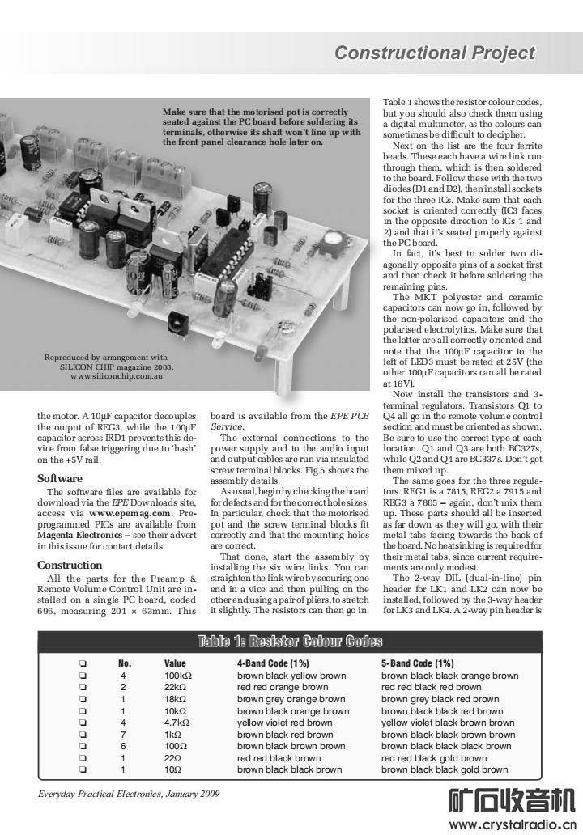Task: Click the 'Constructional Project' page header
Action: (x=435, y=53)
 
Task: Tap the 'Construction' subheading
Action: (x=70, y=565)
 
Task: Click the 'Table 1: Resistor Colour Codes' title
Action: (x=290, y=642)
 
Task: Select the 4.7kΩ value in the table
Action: (x=177, y=723)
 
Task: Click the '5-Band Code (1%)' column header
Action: (x=419, y=663)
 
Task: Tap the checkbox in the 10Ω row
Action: (x=83, y=769)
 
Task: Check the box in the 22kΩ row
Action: (x=83, y=687)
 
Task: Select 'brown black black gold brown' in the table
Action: (x=445, y=769)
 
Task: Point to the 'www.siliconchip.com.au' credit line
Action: (x=117, y=376)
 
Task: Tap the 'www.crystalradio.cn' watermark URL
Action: (x=511, y=825)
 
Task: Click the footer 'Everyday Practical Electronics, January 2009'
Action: (x=129, y=794)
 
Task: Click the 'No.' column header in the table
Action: (x=125, y=663)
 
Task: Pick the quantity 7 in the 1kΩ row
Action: (x=123, y=735)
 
